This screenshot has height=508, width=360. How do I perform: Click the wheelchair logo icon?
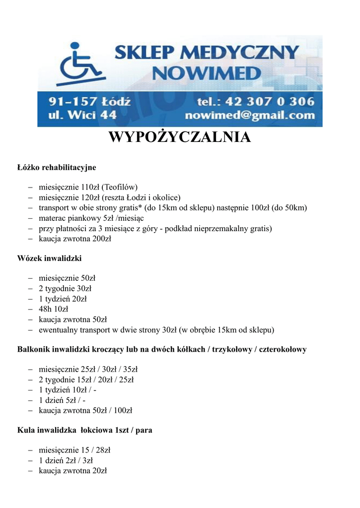81,63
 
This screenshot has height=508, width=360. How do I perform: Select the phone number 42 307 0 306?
270,102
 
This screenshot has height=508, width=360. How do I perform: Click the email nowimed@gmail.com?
250,116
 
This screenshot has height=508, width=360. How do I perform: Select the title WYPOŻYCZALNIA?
180,137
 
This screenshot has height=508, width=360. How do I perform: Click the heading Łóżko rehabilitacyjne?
57,168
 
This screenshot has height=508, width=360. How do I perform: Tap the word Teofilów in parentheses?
119,187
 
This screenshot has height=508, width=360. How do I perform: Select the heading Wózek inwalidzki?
49,258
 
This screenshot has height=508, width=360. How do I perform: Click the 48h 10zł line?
54,309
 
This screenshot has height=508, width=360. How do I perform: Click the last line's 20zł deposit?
100,470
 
